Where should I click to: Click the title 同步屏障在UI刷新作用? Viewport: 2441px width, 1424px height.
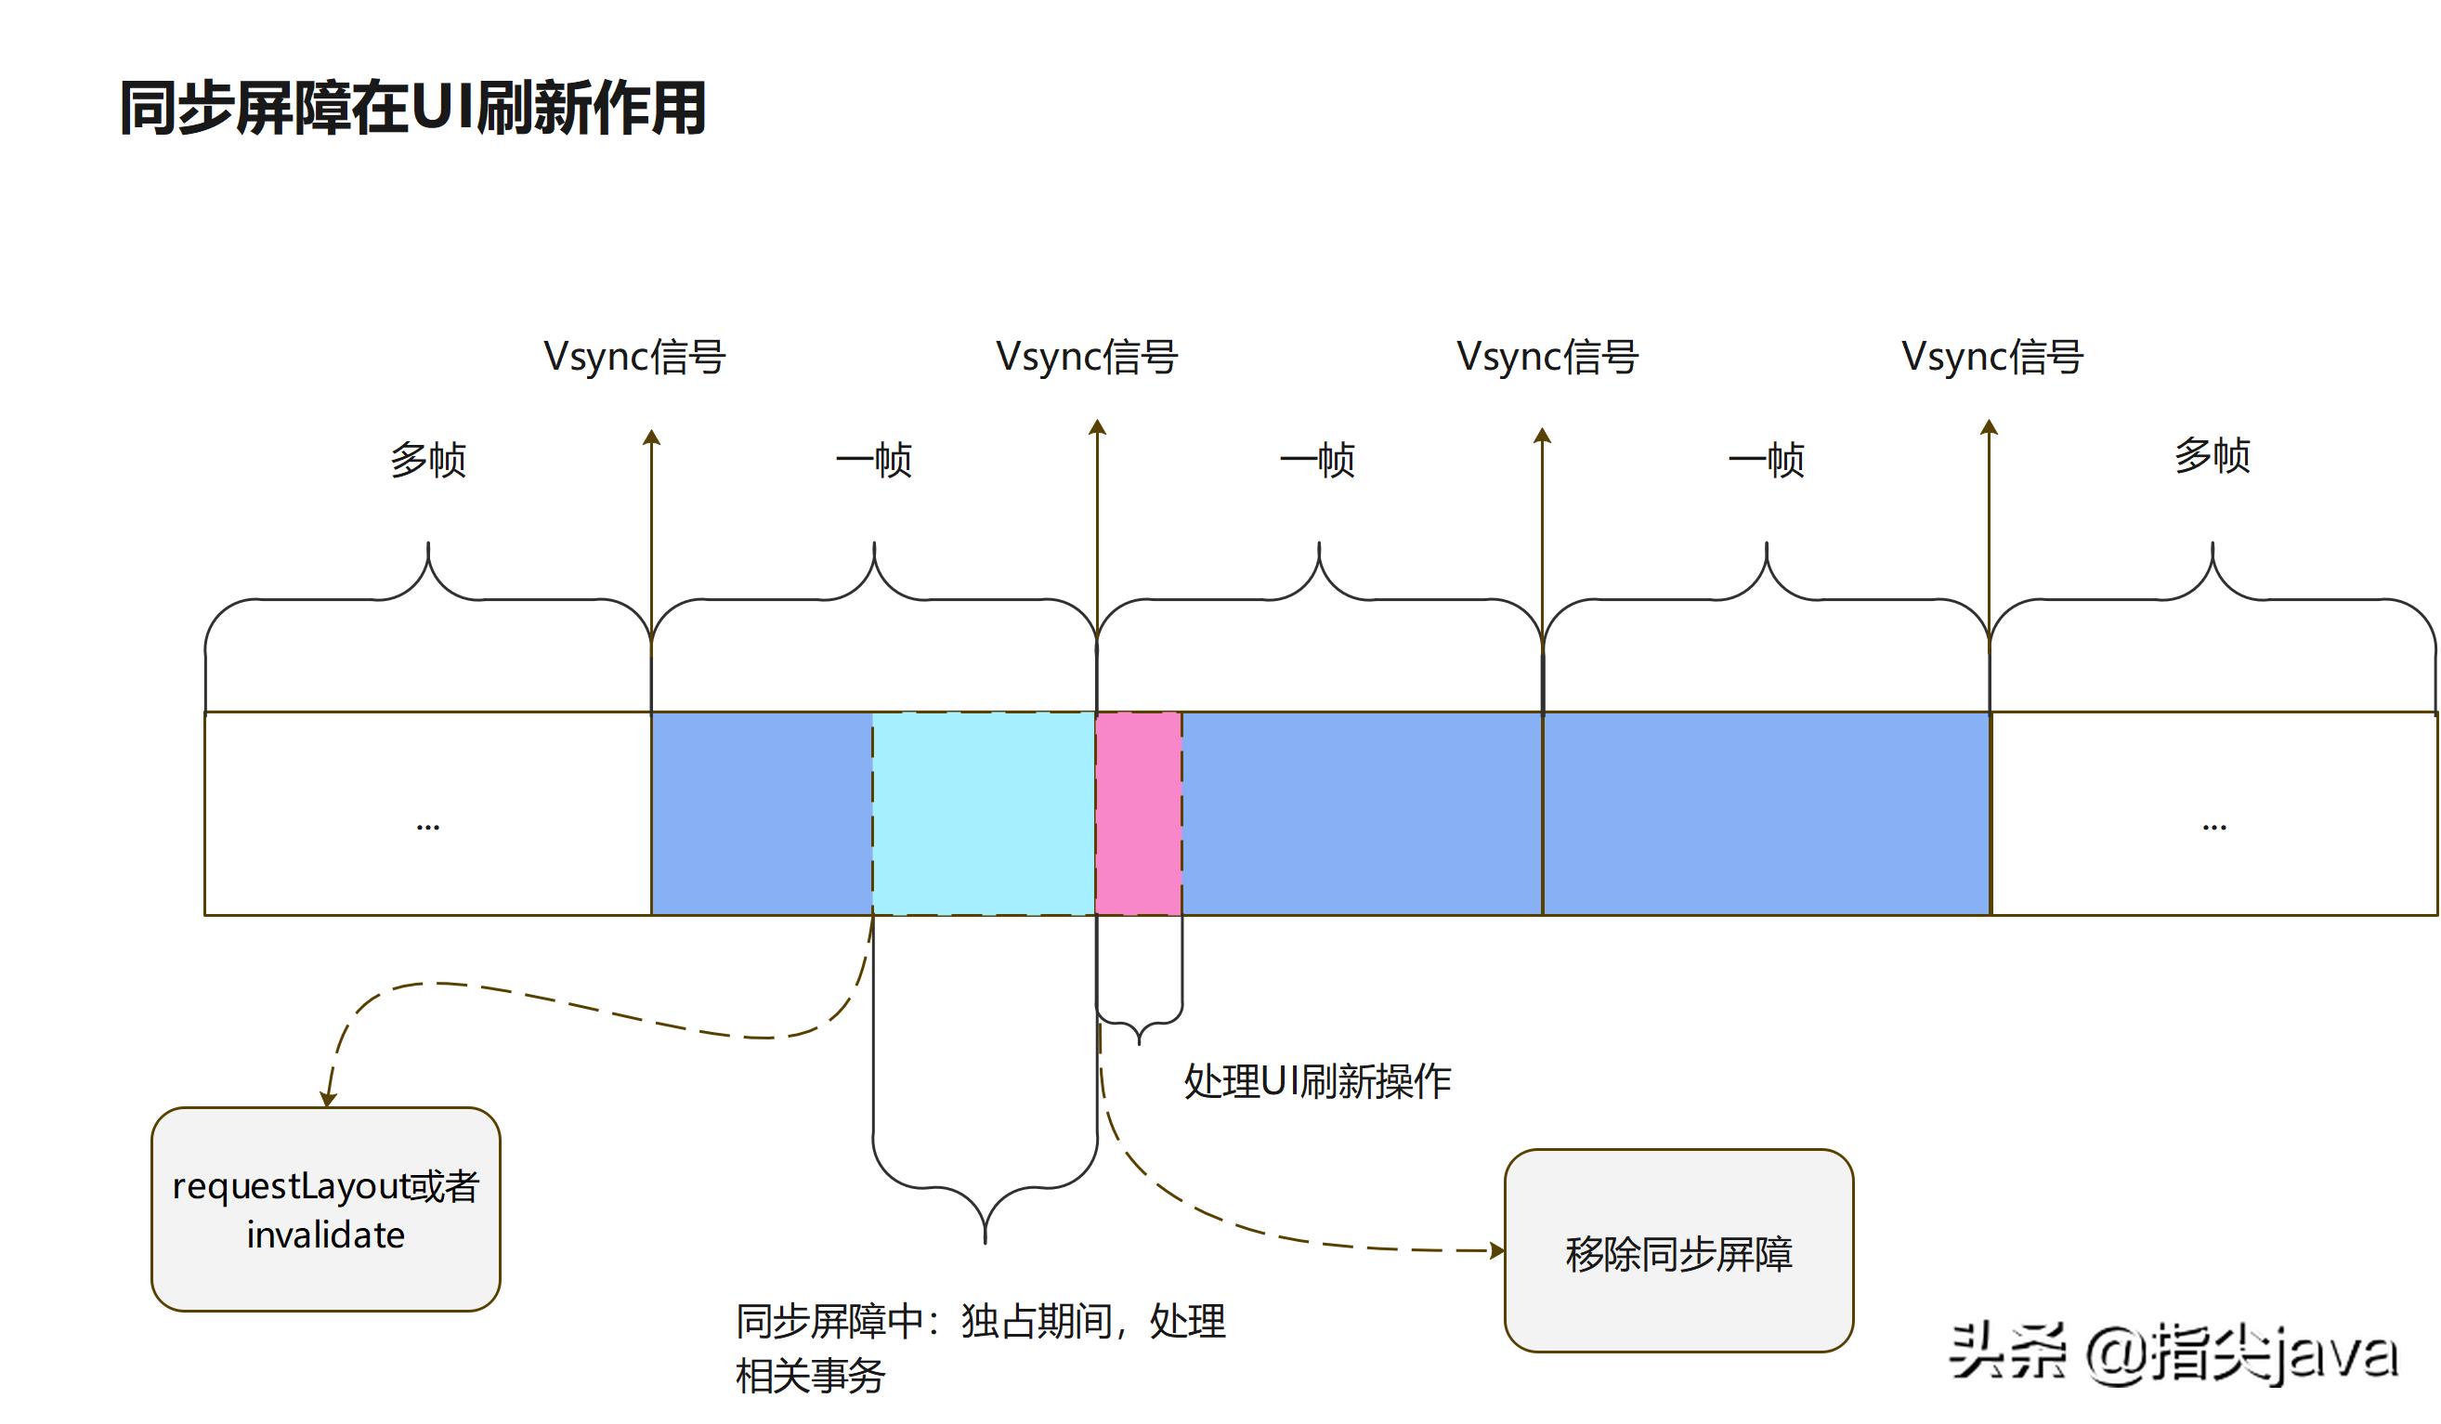coord(411,108)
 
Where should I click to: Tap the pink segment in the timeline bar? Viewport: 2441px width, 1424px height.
coord(1138,814)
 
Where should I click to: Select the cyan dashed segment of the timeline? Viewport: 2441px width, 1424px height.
coord(983,814)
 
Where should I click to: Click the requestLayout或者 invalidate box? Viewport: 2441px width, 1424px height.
coord(325,1208)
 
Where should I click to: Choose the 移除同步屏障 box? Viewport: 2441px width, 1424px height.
coord(1677,1251)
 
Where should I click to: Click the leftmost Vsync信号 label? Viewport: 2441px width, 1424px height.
coord(634,357)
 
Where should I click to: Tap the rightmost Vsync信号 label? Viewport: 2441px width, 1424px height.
coord(1991,357)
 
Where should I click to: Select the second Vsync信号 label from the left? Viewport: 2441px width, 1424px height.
coord(1087,357)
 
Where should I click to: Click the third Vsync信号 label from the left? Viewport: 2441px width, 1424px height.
coord(1547,357)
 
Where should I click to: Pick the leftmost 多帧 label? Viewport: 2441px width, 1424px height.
coord(428,459)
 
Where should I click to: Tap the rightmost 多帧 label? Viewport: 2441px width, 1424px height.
coord(2212,455)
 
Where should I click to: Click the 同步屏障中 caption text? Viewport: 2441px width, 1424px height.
coord(980,1348)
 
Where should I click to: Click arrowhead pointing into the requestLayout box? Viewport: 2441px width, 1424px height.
coord(329,1100)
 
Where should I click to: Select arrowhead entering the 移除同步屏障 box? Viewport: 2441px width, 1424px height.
coord(1497,1250)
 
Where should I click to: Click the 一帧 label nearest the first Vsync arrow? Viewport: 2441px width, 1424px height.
coord(874,459)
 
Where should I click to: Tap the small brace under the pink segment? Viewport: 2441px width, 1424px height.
coord(1139,1026)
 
